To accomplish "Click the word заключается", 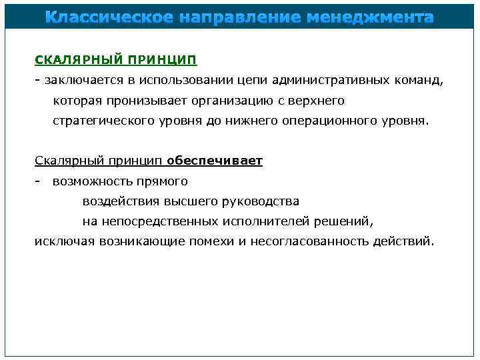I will coord(78,81).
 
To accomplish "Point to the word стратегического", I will coord(103,121).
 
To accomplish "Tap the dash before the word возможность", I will coord(39,181).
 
